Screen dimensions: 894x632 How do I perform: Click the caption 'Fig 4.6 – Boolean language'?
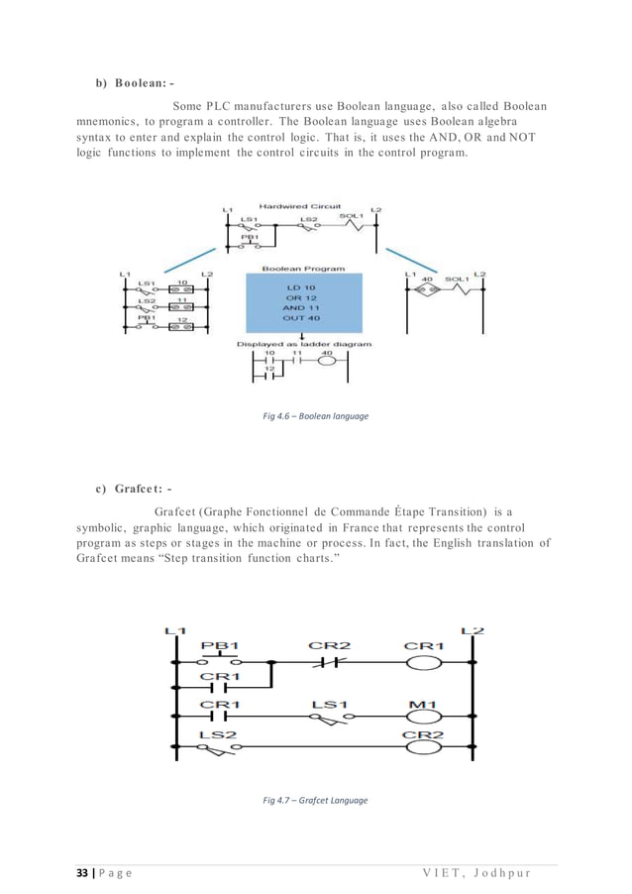pyautogui.click(x=315, y=416)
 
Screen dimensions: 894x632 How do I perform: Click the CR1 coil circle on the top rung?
pyautogui.click(x=424, y=662)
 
